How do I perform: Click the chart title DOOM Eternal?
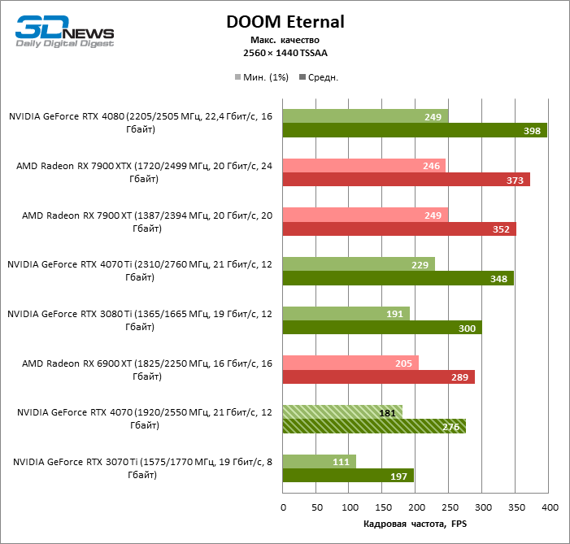click(x=285, y=22)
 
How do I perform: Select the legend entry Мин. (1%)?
click(x=262, y=77)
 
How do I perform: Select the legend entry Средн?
click(x=320, y=77)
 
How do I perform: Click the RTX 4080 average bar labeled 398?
click(x=414, y=130)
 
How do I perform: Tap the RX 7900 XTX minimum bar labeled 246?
click(x=363, y=166)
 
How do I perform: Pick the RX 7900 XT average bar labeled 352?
click(x=399, y=228)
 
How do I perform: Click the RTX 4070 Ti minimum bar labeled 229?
click(x=359, y=263)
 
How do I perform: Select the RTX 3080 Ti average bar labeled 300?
click(x=382, y=327)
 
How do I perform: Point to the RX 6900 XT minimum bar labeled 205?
click(x=350, y=363)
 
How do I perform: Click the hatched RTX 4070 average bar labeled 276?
click(x=374, y=425)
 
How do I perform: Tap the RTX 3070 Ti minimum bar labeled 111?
click(x=319, y=461)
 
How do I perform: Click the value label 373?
click(x=515, y=180)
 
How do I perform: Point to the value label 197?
click(x=398, y=475)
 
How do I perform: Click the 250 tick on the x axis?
click(x=450, y=507)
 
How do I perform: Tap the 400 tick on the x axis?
click(x=550, y=507)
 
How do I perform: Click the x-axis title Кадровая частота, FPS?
click(x=416, y=523)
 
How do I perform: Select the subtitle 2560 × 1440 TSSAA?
click(x=285, y=53)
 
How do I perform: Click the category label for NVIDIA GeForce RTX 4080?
click(x=141, y=123)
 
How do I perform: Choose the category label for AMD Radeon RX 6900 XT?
click(x=141, y=371)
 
